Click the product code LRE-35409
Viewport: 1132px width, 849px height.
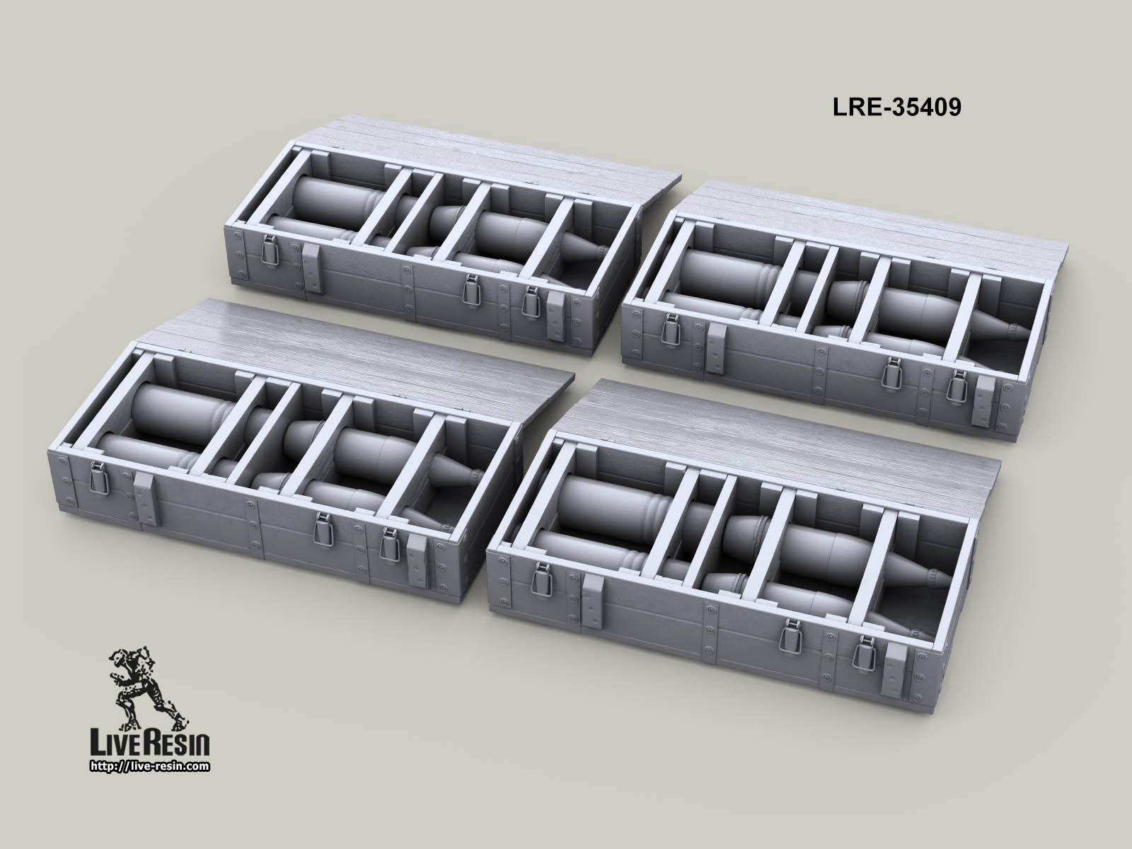pyautogui.click(x=894, y=107)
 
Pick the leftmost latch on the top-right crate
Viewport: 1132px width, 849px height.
pyautogui.click(x=667, y=328)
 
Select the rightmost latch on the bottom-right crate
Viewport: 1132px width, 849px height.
pyautogui.click(x=862, y=656)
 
